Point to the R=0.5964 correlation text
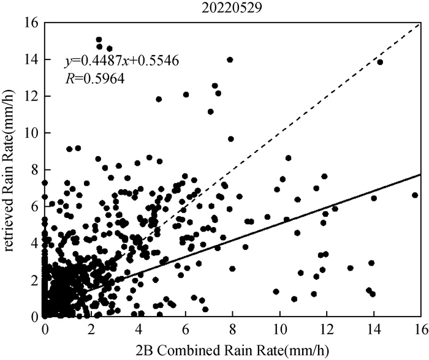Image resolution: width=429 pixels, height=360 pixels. (94, 78)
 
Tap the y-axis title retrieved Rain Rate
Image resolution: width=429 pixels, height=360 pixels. (10, 170)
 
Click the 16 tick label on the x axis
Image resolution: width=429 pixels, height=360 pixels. (420, 329)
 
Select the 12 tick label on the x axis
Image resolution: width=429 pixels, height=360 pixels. (327, 329)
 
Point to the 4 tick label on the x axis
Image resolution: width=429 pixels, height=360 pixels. (139, 329)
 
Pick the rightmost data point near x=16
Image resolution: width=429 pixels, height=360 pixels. (415, 195)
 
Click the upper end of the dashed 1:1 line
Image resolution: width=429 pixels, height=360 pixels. (419, 24)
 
